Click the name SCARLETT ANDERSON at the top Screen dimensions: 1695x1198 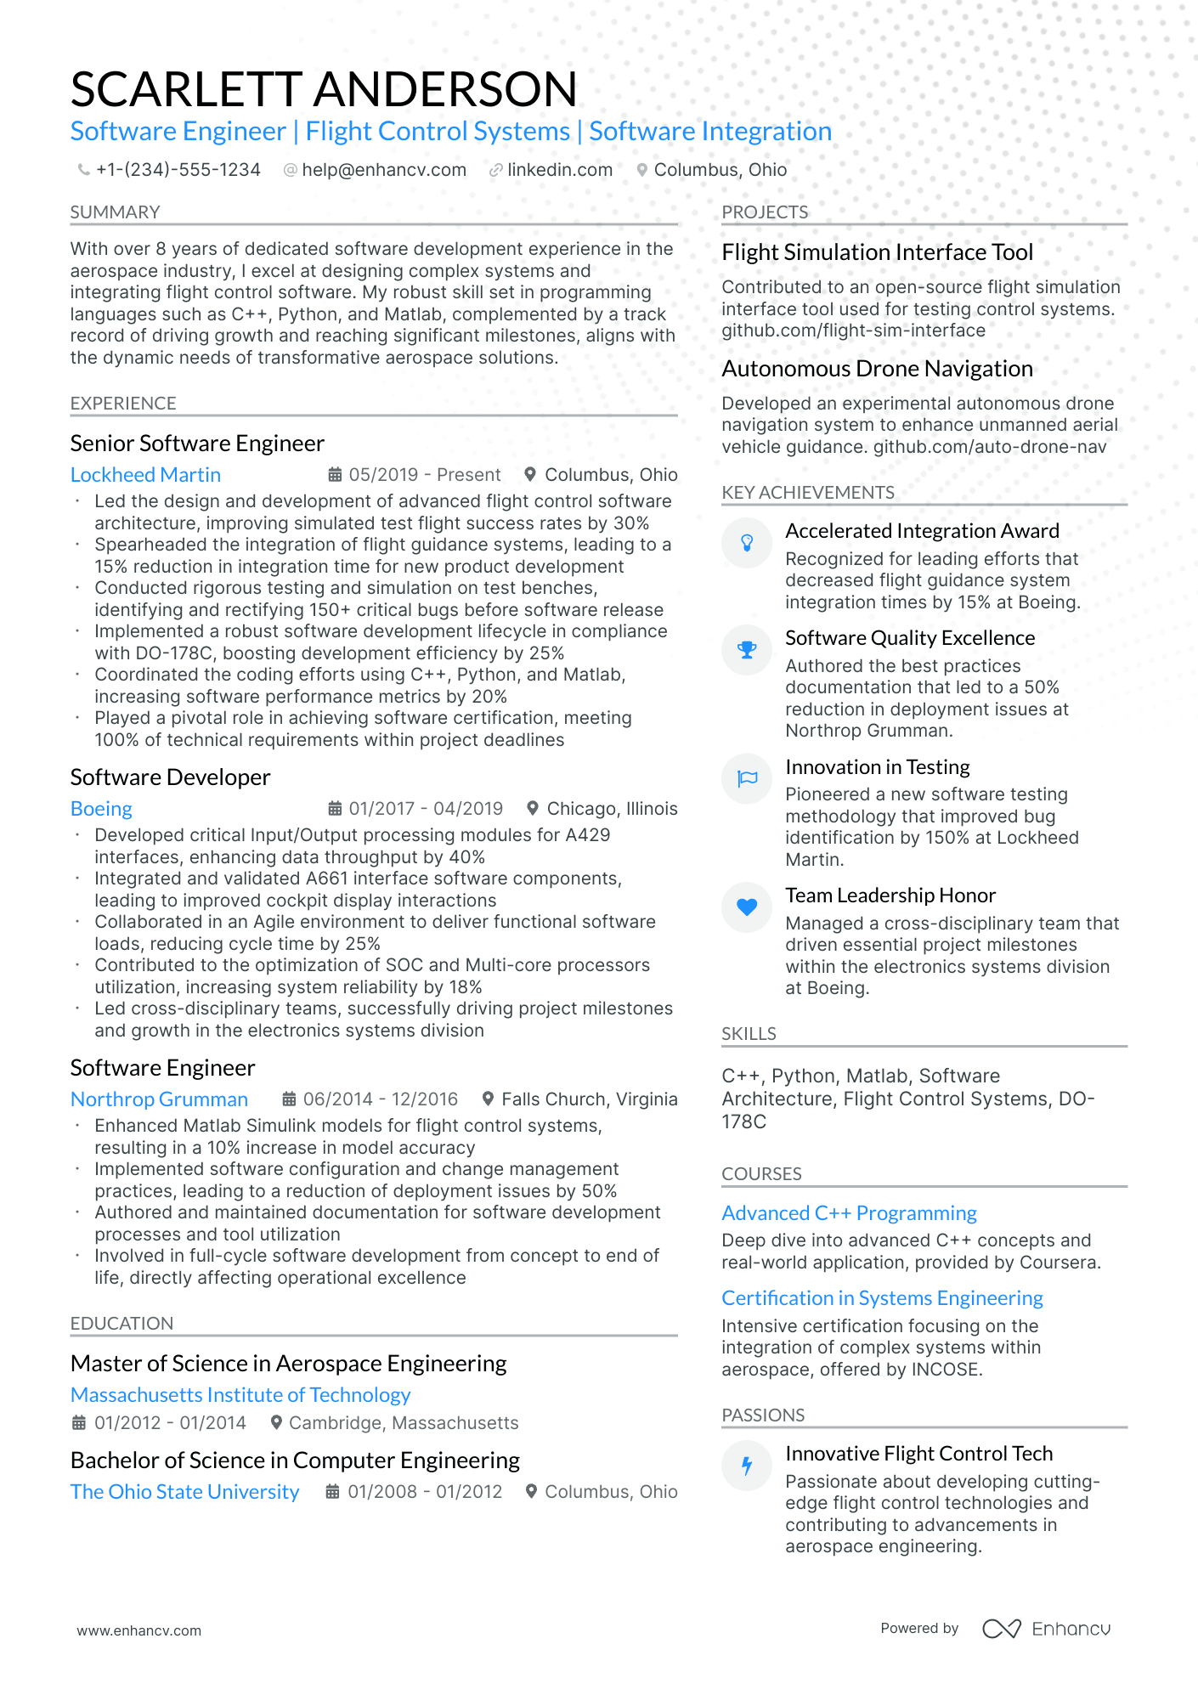click(x=324, y=89)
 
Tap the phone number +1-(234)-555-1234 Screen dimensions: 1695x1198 click(x=178, y=170)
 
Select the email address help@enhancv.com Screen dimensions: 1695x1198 click(x=383, y=170)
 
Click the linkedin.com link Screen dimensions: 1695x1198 click(x=559, y=170)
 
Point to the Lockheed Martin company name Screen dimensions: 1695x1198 click(x=145, y=475)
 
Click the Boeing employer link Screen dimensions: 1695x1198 click(x=101, y=809)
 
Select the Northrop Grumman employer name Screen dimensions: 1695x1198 click(x=159, y=1099)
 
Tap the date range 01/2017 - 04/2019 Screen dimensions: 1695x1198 click(x=425, y=809)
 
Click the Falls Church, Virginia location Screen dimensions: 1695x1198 click(x=589, y=1099)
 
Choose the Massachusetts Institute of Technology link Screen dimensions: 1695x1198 click(x=240, y=1395)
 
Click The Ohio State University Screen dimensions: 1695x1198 click(x=184, y=1492)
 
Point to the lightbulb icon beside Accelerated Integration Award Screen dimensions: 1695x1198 click(x=747, y=543)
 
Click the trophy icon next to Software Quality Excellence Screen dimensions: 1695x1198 click(x=747, y=650)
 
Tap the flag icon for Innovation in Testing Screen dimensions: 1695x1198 click(x=747, y=778)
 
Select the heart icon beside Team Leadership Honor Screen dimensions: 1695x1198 click(x=747, y=907)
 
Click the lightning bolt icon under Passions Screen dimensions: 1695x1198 click(x=747, y=1466)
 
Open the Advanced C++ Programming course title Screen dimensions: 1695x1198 click(x=849, y=1213)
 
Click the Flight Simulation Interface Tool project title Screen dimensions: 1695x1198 click(x=877, y=252)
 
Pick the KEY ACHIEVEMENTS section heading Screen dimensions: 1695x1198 click(x=807, y=493)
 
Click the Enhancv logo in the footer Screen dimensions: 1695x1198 click(x=1046, y=1629)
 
